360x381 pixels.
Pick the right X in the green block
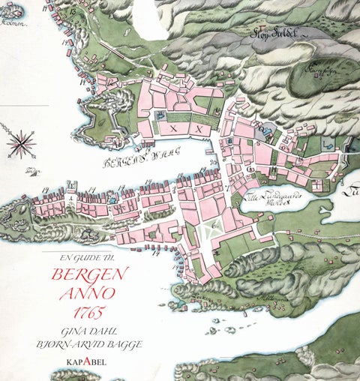click(199, 128)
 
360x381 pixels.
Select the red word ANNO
click(91, 292)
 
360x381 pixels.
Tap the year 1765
click(89, 310)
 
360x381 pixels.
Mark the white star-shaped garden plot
click(214, 230)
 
